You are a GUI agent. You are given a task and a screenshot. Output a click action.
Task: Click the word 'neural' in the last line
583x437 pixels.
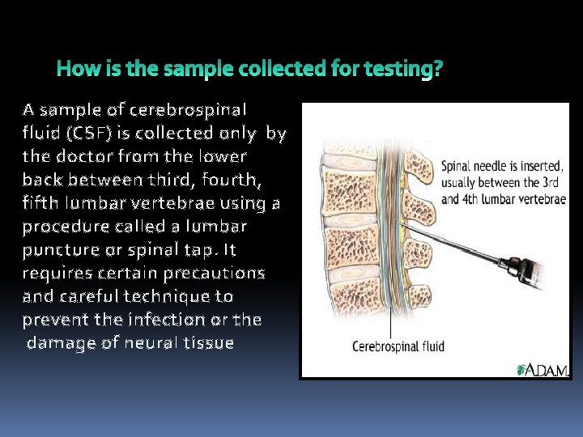150,343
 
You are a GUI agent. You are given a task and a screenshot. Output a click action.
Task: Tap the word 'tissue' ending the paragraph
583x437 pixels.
208,343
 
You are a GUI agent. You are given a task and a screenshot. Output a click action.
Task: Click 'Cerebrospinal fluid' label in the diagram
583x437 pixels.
398,347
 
